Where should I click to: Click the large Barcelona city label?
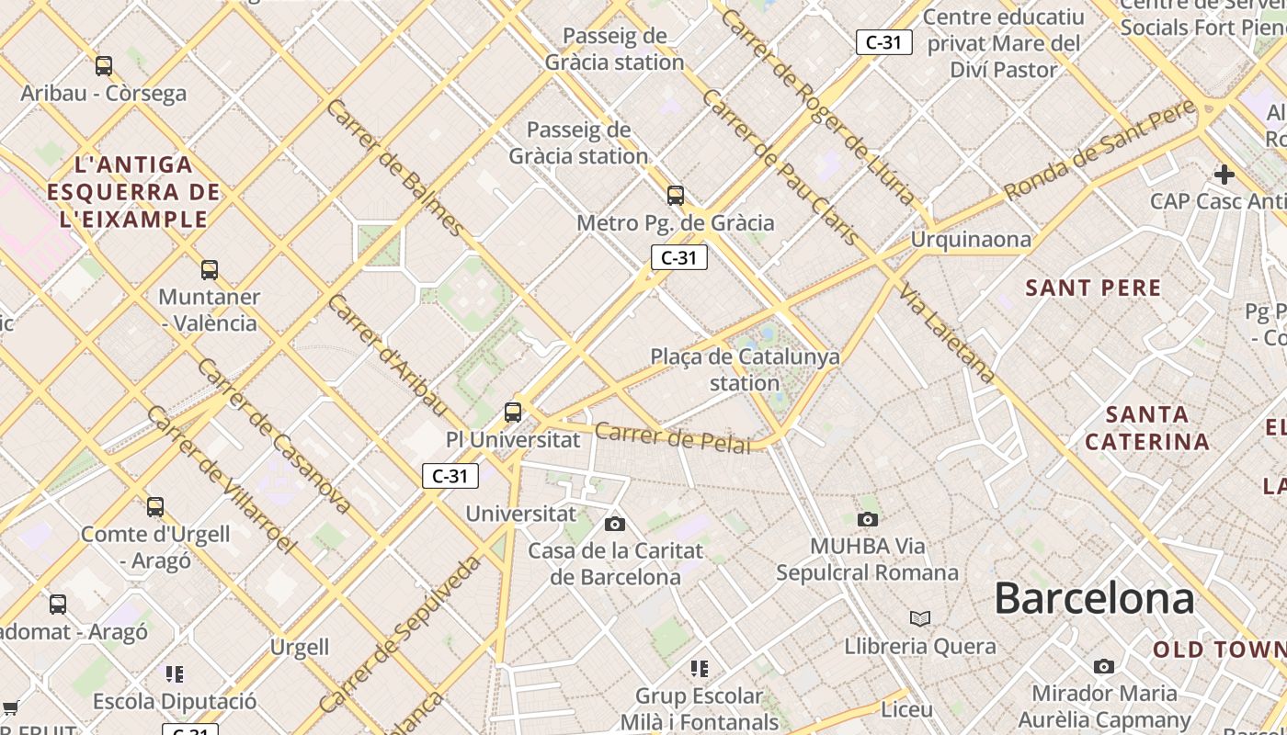pos(1094,598)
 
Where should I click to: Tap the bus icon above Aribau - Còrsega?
pos(104,66)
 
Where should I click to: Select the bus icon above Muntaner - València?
pos(210,270)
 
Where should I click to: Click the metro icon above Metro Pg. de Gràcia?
pos(676,196)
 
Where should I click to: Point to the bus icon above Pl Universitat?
pos(513,413)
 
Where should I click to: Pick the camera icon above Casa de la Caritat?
pos(615,525)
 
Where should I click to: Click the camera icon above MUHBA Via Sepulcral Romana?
pos(867,520)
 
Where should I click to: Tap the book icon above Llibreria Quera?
pos(920,619)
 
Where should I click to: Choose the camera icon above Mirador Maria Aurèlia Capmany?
pos(1104,666)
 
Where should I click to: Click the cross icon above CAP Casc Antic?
pos(1224,174)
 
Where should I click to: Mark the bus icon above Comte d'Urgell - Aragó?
pos(155,506)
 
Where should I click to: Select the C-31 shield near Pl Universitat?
pos(450,476)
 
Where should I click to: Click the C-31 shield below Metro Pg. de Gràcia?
pos(679,258)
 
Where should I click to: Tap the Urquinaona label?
pos(971,240)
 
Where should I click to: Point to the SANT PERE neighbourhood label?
pos(1093,288)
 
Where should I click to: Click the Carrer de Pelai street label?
pos(672,437)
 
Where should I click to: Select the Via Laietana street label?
pos(948,333)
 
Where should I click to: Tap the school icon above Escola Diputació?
pos(175,674)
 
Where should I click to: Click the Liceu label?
pos(906,710)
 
